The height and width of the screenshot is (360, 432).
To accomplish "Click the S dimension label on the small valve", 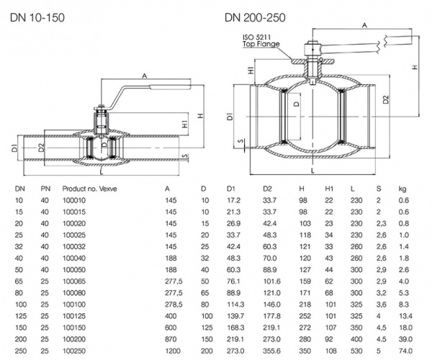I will coord(185,156).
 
